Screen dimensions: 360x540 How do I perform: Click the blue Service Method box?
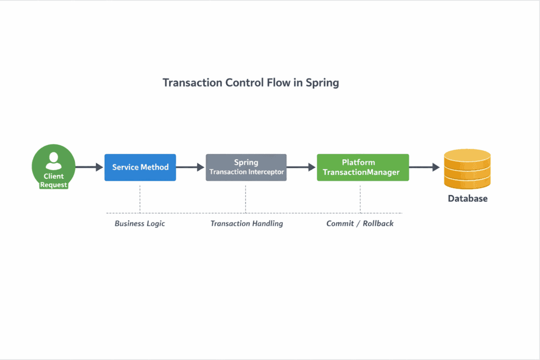click(x=140, y=167)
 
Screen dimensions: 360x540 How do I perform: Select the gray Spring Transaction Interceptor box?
click(x=246, y=167)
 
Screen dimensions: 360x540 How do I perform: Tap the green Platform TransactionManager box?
click(x=363, y=167)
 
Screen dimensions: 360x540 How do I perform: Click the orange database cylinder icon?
click(x=467, y=169)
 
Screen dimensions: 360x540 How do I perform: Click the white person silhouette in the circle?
click(x=53, y=160)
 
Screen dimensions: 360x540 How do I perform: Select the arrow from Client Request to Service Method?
click(x=89, y=167)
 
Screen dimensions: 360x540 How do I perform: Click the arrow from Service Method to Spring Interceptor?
click(x=190, y=167)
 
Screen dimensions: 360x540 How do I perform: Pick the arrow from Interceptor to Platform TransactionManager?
click(x=301, y=167)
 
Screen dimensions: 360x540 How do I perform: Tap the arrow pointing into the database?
click(x=425, y=167)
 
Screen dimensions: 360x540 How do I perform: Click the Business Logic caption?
click(x=140, y=223)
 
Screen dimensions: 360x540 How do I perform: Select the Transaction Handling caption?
click(x=247, y=223)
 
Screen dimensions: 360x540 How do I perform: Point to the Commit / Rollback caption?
click(x=360, y=223)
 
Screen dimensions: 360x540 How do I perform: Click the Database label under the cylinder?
click(x=468, y=199)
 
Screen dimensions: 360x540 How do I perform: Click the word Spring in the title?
click(x=322, y=83)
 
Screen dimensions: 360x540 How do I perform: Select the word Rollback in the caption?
click(x=378, y=223)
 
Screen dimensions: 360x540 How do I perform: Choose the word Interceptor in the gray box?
click(x=265, y=172)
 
